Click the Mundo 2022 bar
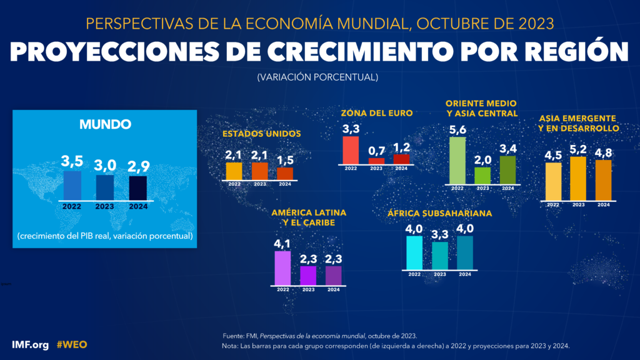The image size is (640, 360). [72, 186]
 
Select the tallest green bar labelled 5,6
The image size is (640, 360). [458, 160]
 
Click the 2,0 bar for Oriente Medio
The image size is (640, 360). [482, 175]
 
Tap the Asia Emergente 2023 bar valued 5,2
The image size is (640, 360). [578, 178]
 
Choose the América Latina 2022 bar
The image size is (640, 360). [282, 267]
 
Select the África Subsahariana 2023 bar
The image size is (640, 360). [439, 255]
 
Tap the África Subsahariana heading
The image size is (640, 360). [439, 213]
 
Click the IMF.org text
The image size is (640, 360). [29, 344]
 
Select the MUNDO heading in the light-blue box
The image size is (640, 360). [105, 124]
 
